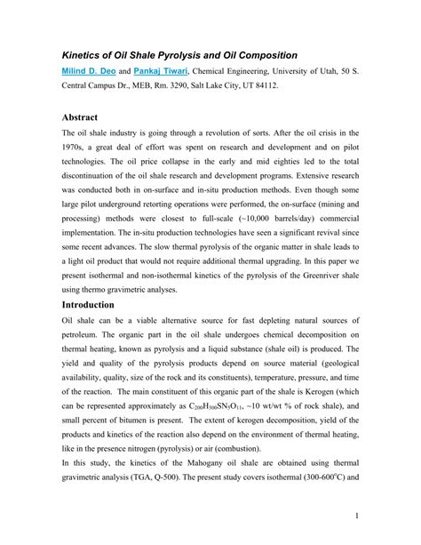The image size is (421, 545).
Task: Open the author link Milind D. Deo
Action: pos(87,70)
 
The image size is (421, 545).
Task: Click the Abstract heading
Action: pos(84,117)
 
